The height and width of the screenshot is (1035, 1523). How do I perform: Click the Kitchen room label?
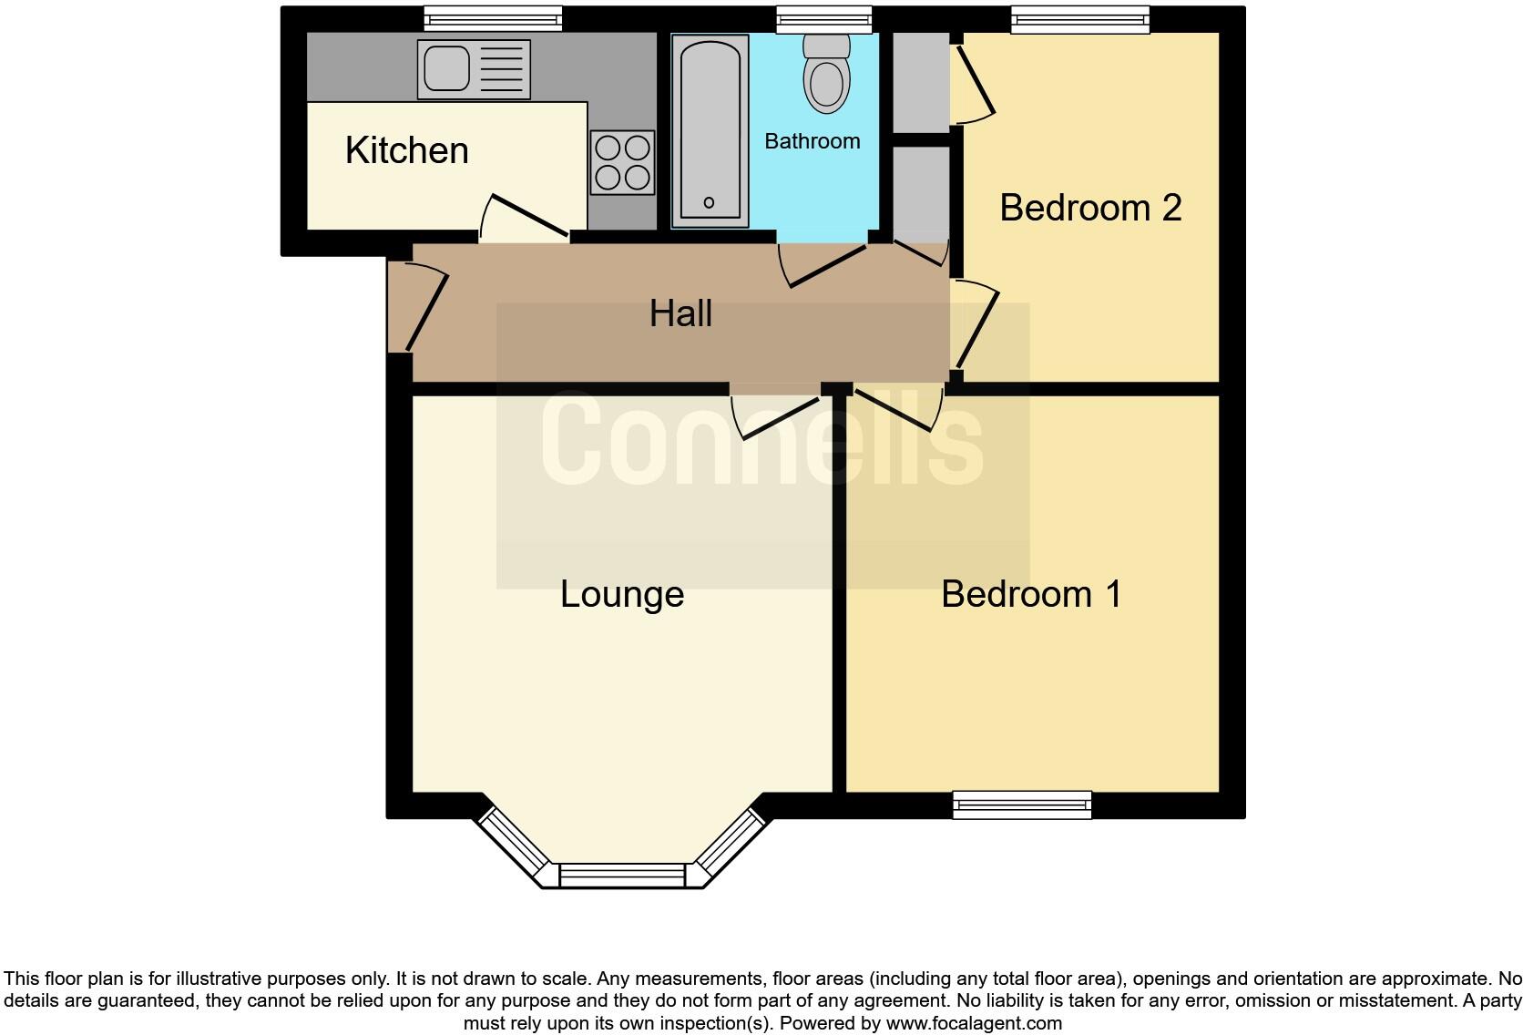(406, 150)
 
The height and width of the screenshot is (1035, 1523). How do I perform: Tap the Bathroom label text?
(812, 141)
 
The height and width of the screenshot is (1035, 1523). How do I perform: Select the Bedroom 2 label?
(1090, 208)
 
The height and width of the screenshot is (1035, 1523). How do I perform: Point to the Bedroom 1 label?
(1031, 594)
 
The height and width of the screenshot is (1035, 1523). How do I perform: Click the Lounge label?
(622, 594)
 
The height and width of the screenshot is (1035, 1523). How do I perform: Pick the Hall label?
(680, 313)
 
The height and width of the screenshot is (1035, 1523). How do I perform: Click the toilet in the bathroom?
(827, 77)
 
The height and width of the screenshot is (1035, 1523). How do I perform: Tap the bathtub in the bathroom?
(710, 130)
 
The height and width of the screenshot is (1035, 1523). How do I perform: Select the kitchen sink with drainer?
(474, 69)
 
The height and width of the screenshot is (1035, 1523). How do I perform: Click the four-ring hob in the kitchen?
(623, 162)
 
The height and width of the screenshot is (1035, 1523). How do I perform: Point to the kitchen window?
(493, 18)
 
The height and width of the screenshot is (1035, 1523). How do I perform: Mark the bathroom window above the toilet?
(824, 18)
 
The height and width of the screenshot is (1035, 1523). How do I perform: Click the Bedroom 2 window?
(1080, 18)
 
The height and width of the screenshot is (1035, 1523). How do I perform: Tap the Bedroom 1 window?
(1022, 804)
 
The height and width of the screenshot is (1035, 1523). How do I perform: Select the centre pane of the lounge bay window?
(622, 876)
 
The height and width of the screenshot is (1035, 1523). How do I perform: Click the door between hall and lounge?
(780, 415)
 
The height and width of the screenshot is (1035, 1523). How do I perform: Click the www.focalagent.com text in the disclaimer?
(974, 1023)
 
